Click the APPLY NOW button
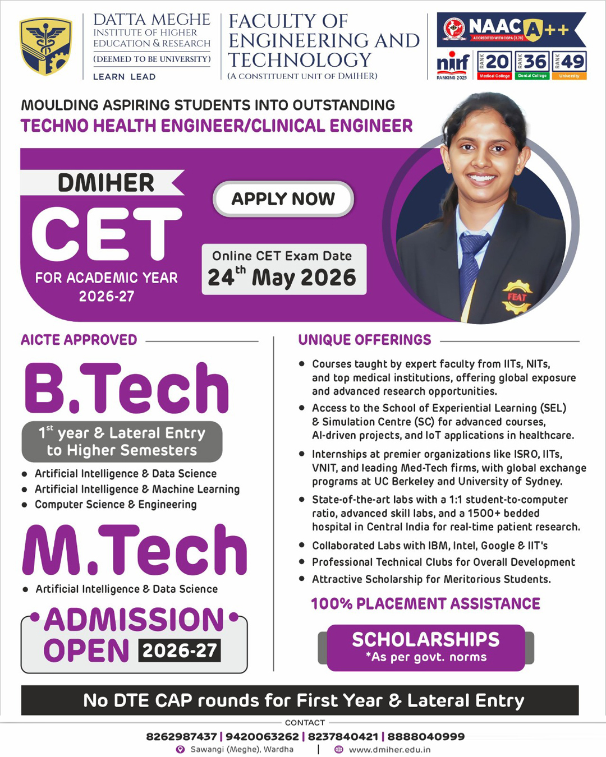(x=283, y=199)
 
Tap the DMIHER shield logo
(x=45, y=46)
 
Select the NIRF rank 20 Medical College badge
(x=494, y=65)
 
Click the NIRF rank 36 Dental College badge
(x=532, y=65)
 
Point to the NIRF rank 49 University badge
(x=569, y=65)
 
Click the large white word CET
(x=106, y=234)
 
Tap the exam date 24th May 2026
(x=282, y=277)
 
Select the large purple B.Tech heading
(x=127, y=388)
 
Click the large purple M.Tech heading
(x=135, y=551)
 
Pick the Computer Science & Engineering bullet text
(x=116, y=504)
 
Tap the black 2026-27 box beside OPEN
(x=180, y=650)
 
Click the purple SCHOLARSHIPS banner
(x=425, y=647)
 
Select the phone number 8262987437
(x=181, y=736)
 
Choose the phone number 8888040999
(x=426, y=736)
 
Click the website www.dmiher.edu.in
(x=389, y=749)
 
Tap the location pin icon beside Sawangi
(x=180, y=749)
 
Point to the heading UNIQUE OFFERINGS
(x=365, y=340)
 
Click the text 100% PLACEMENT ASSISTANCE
(x=425, y=603)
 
